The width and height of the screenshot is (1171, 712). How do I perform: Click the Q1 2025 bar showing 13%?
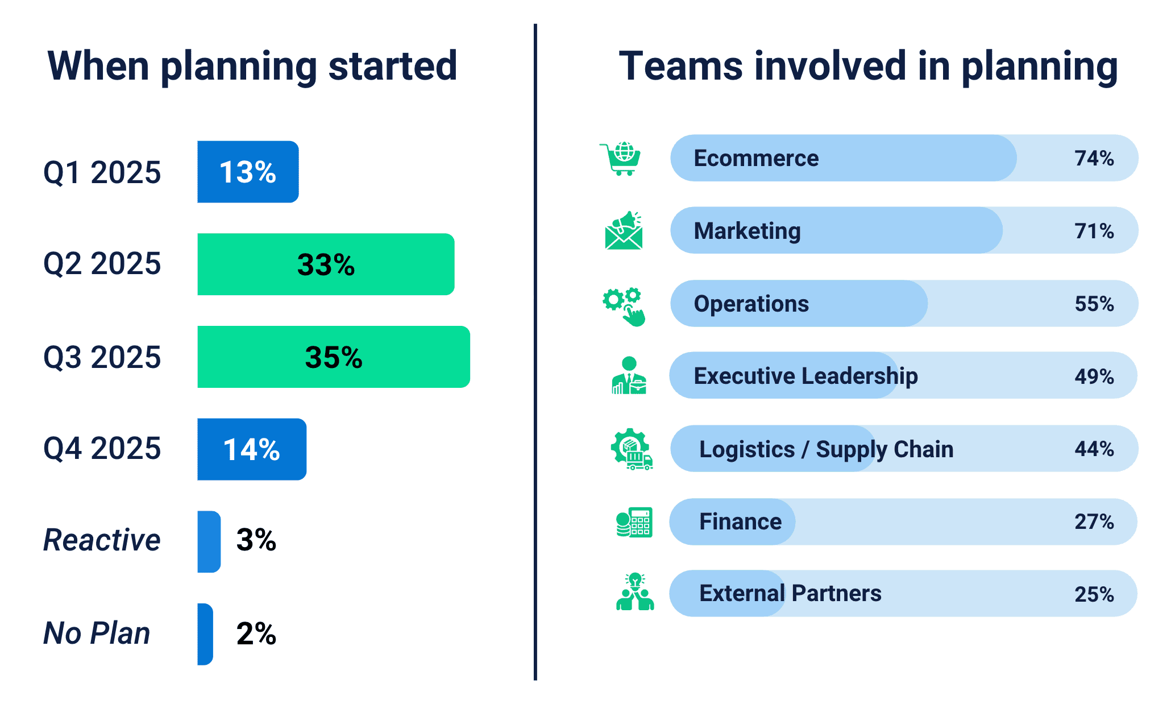tap(248, 172)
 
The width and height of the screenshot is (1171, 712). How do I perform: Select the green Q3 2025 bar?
tap(333, 357)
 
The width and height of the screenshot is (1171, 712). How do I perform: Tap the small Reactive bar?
tap(209, 541)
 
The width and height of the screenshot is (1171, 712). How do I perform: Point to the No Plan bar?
tap(205, 634)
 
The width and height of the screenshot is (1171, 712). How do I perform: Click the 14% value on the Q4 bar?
tap(251, 450)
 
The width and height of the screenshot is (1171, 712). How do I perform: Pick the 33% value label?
tap(326, 265)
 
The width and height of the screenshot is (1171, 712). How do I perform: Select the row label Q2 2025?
tap(102, 264)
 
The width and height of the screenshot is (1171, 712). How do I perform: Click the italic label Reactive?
tap(102, 540)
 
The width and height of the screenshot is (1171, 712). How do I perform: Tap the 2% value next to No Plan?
tap(256, 634)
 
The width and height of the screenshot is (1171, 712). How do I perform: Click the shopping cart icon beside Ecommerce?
tap(621, 159)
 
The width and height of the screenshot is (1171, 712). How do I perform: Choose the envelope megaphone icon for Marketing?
tap(624, 231)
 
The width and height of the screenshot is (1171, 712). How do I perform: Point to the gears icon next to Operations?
tap(624, 306)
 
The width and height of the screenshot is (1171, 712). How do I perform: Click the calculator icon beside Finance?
tap(634, 522)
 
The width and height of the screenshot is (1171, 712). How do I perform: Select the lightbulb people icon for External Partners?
tap(635, 593)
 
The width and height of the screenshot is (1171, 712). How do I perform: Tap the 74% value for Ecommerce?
tap(1094, 158)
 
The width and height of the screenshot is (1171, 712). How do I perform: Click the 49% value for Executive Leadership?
tap(1094, 376)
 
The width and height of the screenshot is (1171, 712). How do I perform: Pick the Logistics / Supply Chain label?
tap(826, 449)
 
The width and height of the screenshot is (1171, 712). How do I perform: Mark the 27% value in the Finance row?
tap(1094, 521)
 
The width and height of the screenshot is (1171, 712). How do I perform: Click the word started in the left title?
tap(393, 66)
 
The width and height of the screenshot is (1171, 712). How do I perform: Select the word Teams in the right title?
tap(680, 66)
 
